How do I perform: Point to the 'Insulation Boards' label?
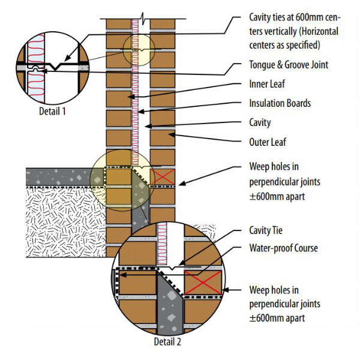click(x=280, y=103)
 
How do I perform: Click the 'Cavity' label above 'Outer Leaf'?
click(x=260, y=122)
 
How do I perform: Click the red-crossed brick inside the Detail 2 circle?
click(x=203, y=282)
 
